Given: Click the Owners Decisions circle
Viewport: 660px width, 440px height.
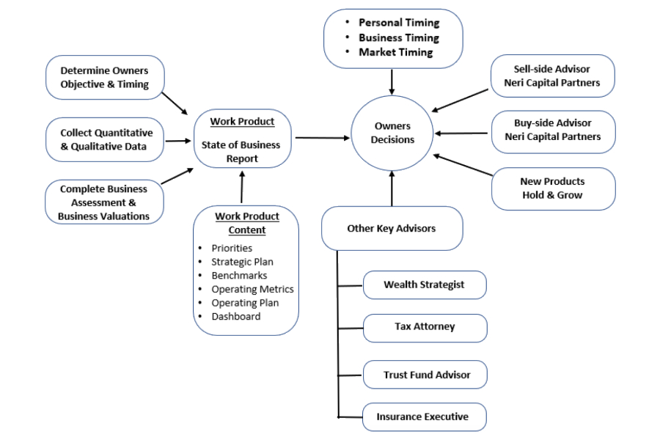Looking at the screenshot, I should (392, 133).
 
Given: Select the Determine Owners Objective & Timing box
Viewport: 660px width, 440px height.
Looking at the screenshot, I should (104, 78).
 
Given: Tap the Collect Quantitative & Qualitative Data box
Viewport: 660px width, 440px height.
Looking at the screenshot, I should (106, 139).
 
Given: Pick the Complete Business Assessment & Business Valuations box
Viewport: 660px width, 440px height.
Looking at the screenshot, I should (103, 202).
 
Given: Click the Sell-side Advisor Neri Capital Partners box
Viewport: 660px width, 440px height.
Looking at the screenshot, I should (551, 76).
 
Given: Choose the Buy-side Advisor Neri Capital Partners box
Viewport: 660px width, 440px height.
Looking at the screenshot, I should (552, 130).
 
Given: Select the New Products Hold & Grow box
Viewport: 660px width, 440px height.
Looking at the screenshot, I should (552, 188).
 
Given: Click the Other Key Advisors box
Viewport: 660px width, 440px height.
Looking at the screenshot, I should (392, 228).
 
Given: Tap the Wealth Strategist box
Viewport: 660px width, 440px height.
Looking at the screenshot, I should (424, 285).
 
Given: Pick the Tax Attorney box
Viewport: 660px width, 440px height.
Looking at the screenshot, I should (425, 327).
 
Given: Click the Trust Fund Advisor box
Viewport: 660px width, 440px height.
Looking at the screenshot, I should (425, 375).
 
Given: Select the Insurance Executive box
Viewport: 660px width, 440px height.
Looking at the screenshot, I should (423, 417).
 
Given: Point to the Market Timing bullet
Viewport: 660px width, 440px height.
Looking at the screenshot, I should (395, 53).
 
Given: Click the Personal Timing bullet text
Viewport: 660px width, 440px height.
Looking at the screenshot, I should (399, 23).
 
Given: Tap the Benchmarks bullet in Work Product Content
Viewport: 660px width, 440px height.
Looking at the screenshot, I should (239, 276).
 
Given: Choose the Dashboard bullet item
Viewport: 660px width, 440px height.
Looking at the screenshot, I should (235, 316).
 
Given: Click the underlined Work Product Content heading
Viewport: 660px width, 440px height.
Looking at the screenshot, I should (247, 223).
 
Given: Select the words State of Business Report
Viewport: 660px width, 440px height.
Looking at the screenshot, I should (241, 152).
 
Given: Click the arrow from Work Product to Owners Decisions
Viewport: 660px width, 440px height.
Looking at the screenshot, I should (323, 137).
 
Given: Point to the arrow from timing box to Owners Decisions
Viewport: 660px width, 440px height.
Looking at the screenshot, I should (392, 81).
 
